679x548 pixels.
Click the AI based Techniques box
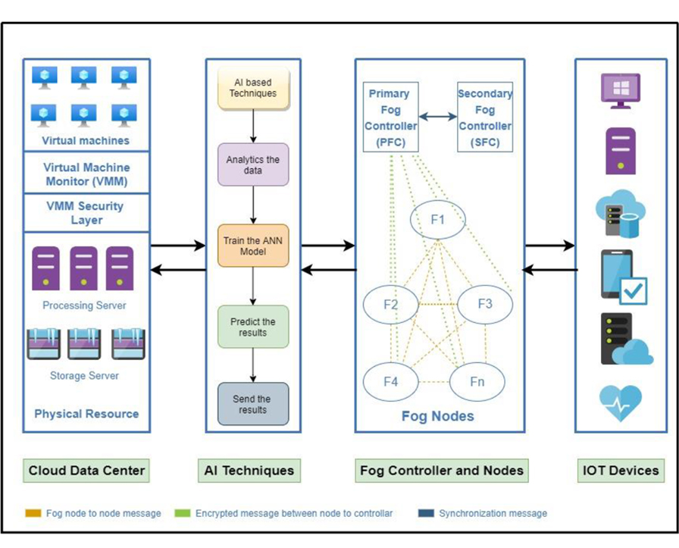point(253,88)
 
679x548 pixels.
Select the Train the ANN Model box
point(253,246)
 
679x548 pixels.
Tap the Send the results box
point(253,404)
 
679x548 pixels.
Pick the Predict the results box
point(253,327)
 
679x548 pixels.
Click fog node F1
point(438,220)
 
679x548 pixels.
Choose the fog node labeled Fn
point(477,382)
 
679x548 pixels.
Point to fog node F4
point(390,382)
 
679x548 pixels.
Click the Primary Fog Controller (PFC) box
point(390,117)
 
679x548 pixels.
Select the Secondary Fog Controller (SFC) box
point(485,117)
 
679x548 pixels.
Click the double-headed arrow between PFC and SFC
point(438,117)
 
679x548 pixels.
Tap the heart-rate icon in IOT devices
point(621,403)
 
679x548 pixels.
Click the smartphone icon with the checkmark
point(624,277)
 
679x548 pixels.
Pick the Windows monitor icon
point(621,91)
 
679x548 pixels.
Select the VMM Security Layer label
point(86,213)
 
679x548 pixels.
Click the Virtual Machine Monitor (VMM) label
point(86,174)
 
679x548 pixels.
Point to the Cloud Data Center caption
point(86,471)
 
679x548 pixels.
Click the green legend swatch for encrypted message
point(183,513)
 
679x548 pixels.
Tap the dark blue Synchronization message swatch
point(426,513)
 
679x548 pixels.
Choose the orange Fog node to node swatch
point(33,513)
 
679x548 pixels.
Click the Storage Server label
point(84,376)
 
